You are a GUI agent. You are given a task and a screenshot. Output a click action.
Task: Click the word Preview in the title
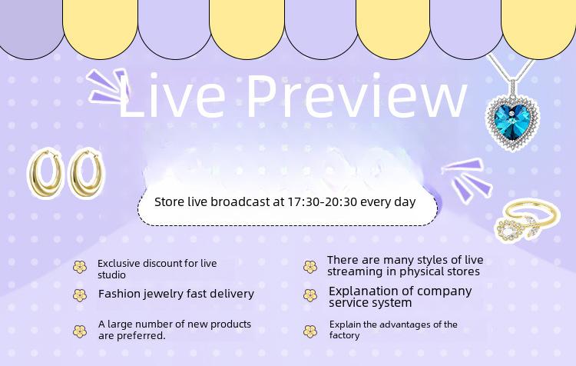click(356, 95)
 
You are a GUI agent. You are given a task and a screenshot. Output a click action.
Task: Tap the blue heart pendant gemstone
click(513, 120)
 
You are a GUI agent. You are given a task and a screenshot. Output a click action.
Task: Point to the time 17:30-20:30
click(322, 202)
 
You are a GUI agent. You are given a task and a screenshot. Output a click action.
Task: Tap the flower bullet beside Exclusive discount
click(80, 267)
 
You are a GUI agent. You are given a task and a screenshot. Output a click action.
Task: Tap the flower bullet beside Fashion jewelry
click(80, 295)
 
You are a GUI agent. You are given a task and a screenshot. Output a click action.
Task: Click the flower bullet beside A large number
click(80, 331)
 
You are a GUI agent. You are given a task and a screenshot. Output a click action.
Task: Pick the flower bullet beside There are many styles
click(310, 267)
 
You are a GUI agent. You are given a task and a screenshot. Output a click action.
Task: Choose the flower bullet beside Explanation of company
click(310, 295)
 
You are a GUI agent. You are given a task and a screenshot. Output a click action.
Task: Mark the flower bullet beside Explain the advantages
click(310, 331)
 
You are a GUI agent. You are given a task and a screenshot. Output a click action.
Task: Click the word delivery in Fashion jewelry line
click(231, 294)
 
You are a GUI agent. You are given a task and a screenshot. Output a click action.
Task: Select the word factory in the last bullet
click(344, 335)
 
